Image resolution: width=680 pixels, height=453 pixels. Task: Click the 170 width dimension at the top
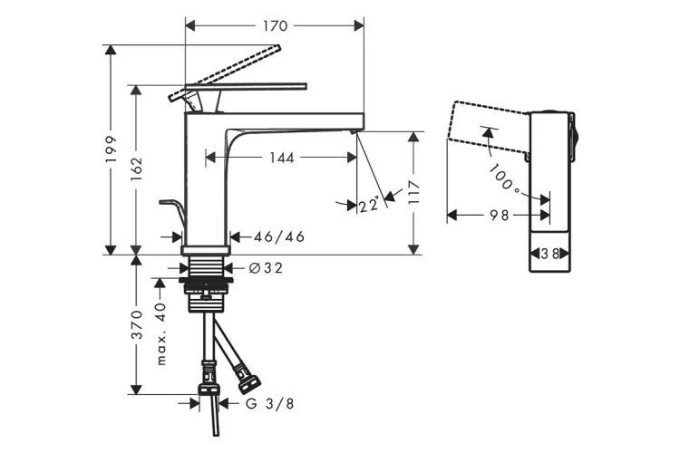[x=275, y=26]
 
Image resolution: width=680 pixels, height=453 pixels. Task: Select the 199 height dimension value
[x=112, y=149]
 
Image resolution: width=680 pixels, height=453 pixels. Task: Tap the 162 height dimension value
[x=138, y=169]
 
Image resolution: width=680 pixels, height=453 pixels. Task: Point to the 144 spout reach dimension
[x=282, y=158]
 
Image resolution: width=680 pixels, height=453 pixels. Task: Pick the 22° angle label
[x=368, y=207]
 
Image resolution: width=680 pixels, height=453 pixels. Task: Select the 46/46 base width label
[x=278, y=237]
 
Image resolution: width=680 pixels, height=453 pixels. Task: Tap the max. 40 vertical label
[x=161, y=334]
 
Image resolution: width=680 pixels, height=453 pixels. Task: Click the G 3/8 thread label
[x=270, y=404]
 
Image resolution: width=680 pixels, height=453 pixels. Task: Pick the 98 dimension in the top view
[x=499, y=216]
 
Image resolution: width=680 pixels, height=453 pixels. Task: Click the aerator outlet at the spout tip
[x=354, y=132]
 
